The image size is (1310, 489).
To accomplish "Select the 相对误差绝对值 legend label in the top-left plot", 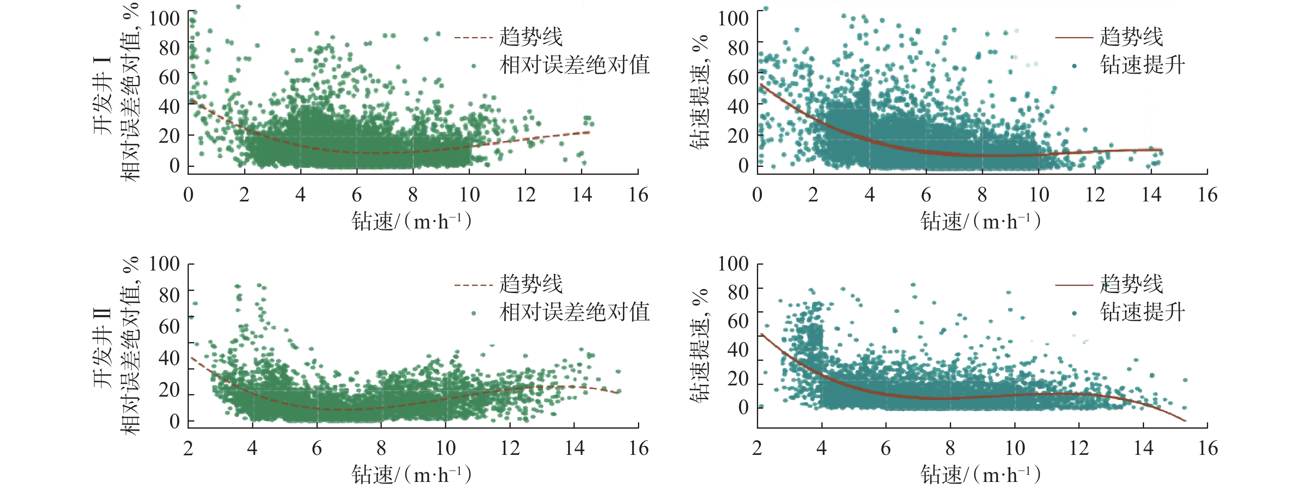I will pyautogui.click(x=574, y=65).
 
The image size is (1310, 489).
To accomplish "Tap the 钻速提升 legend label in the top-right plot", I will pyautogui.click(x=1142, y=65).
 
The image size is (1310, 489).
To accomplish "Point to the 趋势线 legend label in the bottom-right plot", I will pyautogui.click(x=1131, y=284).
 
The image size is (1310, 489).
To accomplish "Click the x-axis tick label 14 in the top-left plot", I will pyautogui.click(x=582, y=195).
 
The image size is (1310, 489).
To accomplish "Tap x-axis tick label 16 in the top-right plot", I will pyautogui.click(x=1207, y=195).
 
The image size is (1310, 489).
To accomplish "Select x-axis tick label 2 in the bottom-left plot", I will pyautogui.click(x=188, y=448).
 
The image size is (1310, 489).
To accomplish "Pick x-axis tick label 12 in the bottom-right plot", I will pyautogui.click(x=1079, y=448).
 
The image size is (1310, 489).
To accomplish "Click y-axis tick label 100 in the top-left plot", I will pyautogui.click(x=164, y=18).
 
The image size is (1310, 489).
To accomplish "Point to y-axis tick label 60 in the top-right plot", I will pyautogui.click(x=738, y=77).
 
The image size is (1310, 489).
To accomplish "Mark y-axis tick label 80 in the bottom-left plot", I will pyautogui.click(x=169, y=295).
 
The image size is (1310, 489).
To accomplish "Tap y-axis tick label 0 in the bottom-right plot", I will pyautogui.click(x=743, y=407).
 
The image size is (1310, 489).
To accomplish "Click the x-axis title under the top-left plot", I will pyautogui.click(x=411, y=221).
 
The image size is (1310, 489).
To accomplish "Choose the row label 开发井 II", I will pyautogui.click(x=103, y=347).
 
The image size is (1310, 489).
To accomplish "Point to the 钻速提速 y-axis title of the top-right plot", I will pyautogui.click(x=701, y=92).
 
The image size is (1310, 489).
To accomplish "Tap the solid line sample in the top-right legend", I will pyautogui.click(x=1073, y=37).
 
